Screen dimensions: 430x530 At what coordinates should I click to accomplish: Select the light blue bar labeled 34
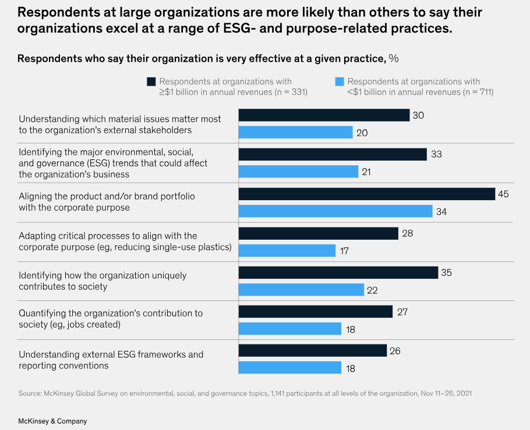pyautogui.click(x=335, y=211)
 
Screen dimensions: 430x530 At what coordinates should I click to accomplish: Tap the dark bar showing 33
pyautogui.click(x=333, y=154)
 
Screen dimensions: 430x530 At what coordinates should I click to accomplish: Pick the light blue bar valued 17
pyautogui.click(x=287, y=251)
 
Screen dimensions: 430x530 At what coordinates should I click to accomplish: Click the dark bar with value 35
pyautogui.click(x=338, y=273)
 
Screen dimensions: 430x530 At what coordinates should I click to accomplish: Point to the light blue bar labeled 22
pyautogui.click(x=301, y=290)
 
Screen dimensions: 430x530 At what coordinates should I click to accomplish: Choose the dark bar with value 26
pyautogui.click(x=313, y=351)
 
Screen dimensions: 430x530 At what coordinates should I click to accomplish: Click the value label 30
pyautogui.click(x=418, y=115)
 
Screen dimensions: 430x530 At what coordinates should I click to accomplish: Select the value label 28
pyautogui.click(x=407, y=233)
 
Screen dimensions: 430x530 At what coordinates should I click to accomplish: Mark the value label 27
pyautogui.click(x=402, y=312)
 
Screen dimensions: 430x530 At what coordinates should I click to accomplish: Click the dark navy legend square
pyautogui.click(x=151, y=82)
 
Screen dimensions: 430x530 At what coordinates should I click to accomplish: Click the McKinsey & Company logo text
pyautogui.click(x=52, y=421)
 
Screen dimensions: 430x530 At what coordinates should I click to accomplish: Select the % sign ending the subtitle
pyautogui.click(x=394, y=58)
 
